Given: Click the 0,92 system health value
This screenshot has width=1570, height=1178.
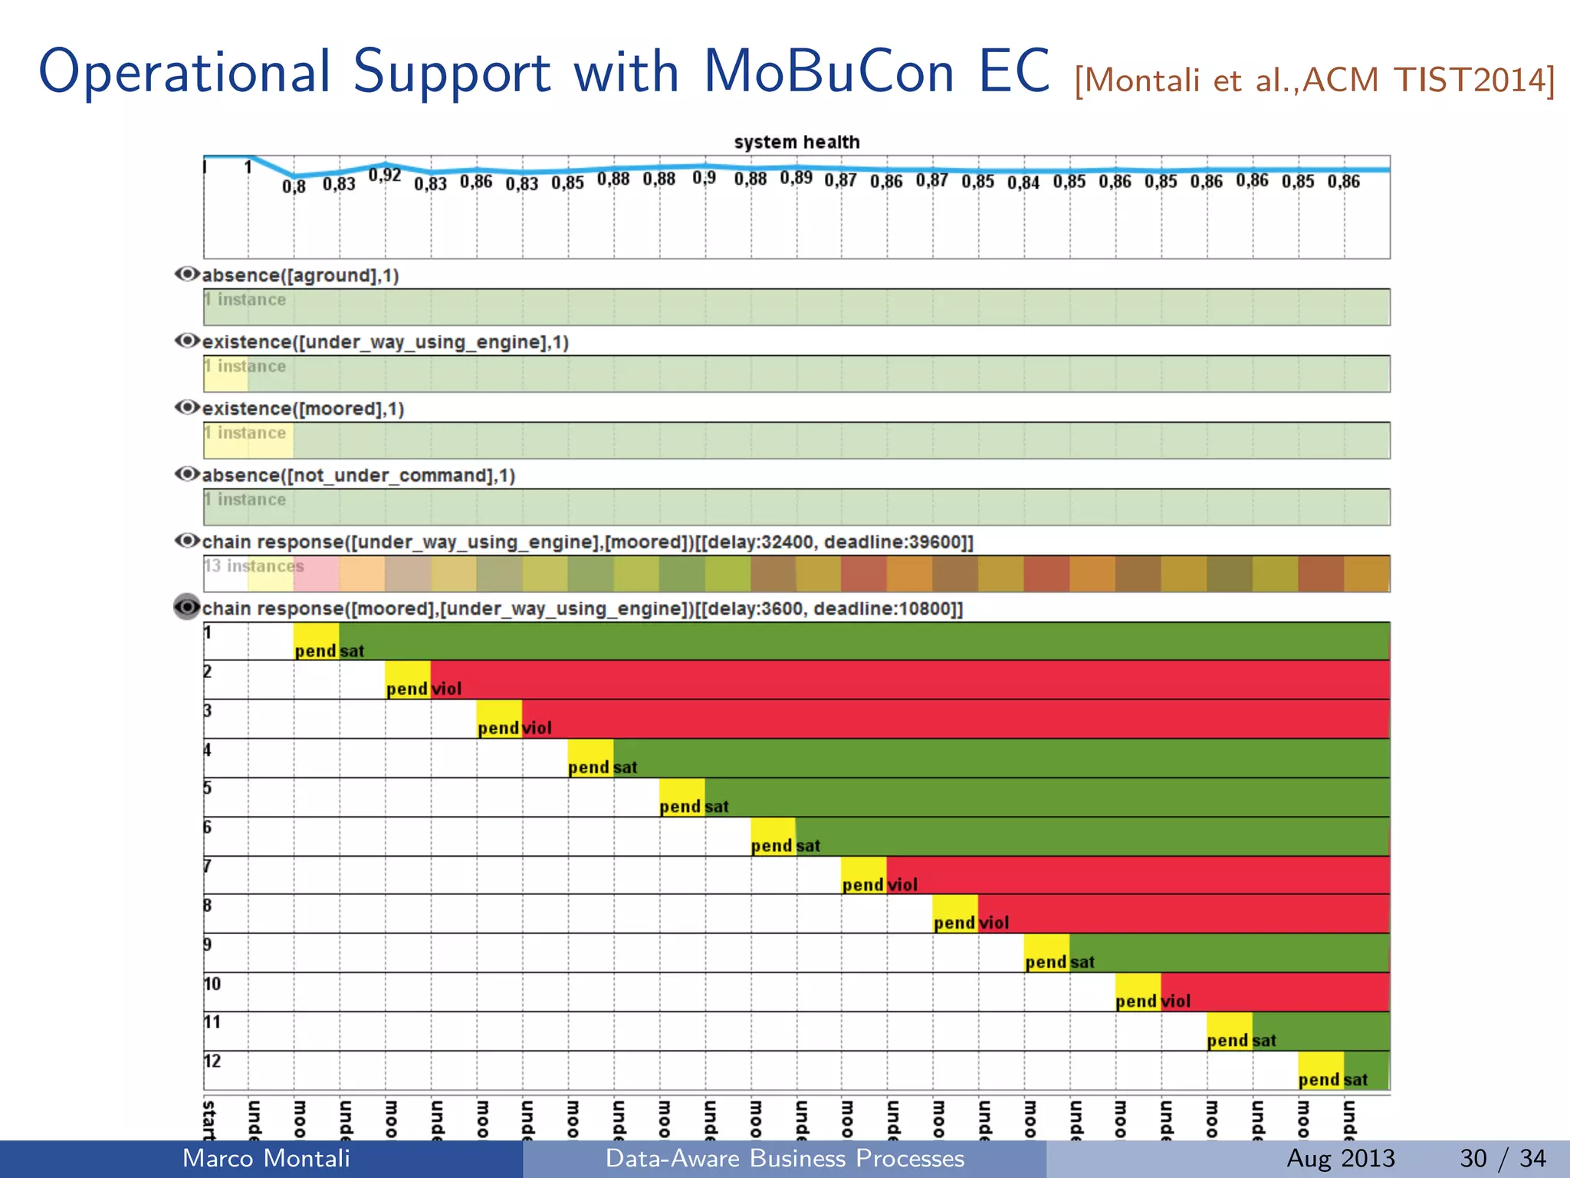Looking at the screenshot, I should [x=385, y=176].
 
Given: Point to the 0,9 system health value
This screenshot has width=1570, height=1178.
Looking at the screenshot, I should [x=704, y=178].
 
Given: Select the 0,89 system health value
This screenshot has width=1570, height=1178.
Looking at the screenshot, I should [x=796, y=178].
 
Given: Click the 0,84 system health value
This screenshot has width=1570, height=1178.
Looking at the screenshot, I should [x=1023, y=183].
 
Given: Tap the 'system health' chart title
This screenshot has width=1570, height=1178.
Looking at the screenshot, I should [x=796, y=143].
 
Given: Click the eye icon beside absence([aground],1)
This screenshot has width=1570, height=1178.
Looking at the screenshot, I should [x=187, y=275].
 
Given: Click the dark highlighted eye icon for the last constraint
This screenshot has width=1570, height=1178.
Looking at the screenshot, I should [x=187, y=607].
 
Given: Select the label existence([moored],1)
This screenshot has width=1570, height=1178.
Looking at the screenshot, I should [x=303, y=409].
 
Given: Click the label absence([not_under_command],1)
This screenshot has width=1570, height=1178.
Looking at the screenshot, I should [x=358, y=475].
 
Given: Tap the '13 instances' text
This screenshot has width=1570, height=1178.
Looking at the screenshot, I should [x=254, y=567].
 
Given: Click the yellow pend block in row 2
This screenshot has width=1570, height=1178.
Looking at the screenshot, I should [x=407, y=679].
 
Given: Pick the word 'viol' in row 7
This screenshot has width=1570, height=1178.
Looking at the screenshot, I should [x=902, y=885].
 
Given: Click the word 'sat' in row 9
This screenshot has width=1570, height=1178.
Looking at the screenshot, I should [x=1082, y=962].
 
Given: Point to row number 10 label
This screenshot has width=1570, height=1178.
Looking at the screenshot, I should [x=212, y=984].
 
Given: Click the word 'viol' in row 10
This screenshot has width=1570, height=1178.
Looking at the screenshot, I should [x=1176, y=1002].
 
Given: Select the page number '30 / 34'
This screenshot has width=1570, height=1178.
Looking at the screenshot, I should [x=1503, y=1158].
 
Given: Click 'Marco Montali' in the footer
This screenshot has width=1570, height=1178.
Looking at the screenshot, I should [x=266, y=1158].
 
